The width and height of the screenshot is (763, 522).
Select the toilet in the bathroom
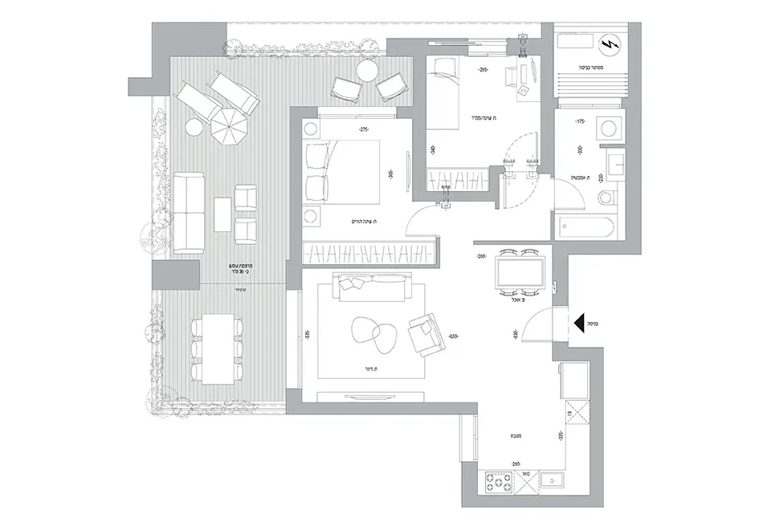pos(606,198)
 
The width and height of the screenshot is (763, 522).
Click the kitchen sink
pos(552,482)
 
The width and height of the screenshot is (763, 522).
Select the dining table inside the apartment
pos(520,275)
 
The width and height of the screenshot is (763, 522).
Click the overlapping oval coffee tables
pos(374,332)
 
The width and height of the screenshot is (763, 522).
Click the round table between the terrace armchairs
pos(366,72)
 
